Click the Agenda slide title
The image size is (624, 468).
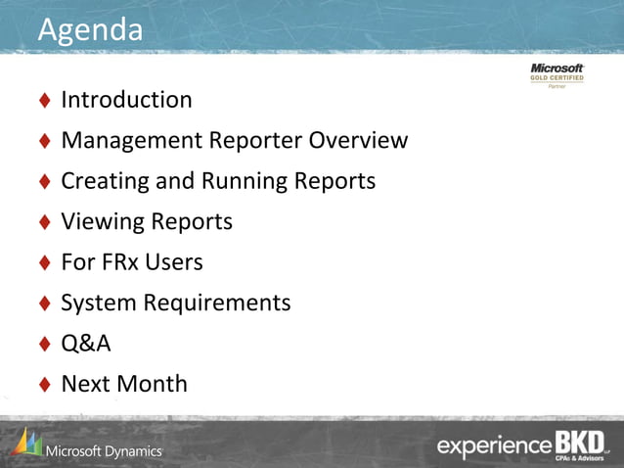tap(90, 29)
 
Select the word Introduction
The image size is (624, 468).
tap(126, 100)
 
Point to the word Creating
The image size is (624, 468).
tap(104, 181)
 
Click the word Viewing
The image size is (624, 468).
tap(102, 222)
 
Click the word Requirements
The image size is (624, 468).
tap(217, 303)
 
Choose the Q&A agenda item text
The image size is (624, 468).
tap(86, 344)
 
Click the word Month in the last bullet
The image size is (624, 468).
tap(152, 384)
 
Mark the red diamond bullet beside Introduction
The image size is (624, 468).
tap(45, 101)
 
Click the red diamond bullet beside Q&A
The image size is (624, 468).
tap(45, 344)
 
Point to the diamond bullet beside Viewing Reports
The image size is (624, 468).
tap(45, 222)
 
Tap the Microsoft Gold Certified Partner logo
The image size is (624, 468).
tap(557, 75)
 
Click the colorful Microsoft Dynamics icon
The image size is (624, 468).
tap(27, 444)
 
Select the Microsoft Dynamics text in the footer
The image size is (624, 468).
tap(104, 450)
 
